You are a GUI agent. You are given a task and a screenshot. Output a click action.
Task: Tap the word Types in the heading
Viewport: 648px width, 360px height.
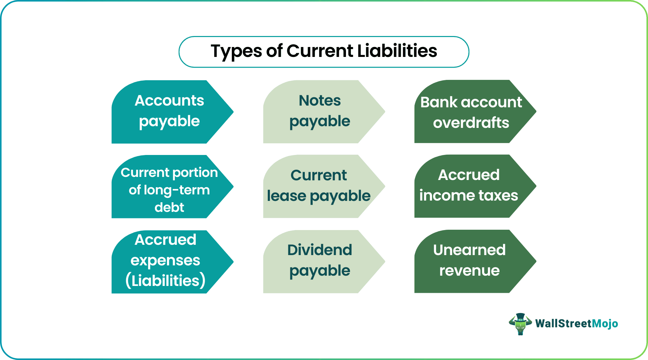point(236,51)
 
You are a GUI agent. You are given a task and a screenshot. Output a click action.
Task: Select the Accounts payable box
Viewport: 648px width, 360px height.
point(169,112)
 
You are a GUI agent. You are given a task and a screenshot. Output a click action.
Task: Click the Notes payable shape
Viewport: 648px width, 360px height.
point(320,112)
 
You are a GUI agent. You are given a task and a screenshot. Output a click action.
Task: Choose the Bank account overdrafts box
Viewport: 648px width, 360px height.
point(471,112)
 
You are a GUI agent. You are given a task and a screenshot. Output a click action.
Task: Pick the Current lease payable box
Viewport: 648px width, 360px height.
point(319,186)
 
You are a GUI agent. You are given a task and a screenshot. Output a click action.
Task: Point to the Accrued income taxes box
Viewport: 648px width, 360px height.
point(469,186)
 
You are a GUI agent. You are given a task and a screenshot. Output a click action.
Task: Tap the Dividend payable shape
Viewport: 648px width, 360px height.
point(320,261)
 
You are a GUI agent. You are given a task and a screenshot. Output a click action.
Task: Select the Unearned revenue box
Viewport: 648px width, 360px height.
point(469,261)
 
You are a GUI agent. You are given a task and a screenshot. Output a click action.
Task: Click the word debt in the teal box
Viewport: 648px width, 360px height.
point(169,207)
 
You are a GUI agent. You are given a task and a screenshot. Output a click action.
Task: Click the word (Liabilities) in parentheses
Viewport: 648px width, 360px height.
point(165,280)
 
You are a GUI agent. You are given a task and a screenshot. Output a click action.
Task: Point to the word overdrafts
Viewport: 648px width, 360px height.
point(471,123)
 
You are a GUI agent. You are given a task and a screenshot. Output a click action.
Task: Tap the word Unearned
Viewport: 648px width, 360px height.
point(469,250)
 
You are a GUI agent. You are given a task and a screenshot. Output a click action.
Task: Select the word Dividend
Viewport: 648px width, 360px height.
point(320,250)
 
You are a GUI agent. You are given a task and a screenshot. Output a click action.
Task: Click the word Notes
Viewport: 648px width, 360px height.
point(320,101)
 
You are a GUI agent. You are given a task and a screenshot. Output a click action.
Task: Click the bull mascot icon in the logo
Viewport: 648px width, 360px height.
point(520,324)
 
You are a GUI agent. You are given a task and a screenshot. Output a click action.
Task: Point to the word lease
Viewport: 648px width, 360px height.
point(286,196)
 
